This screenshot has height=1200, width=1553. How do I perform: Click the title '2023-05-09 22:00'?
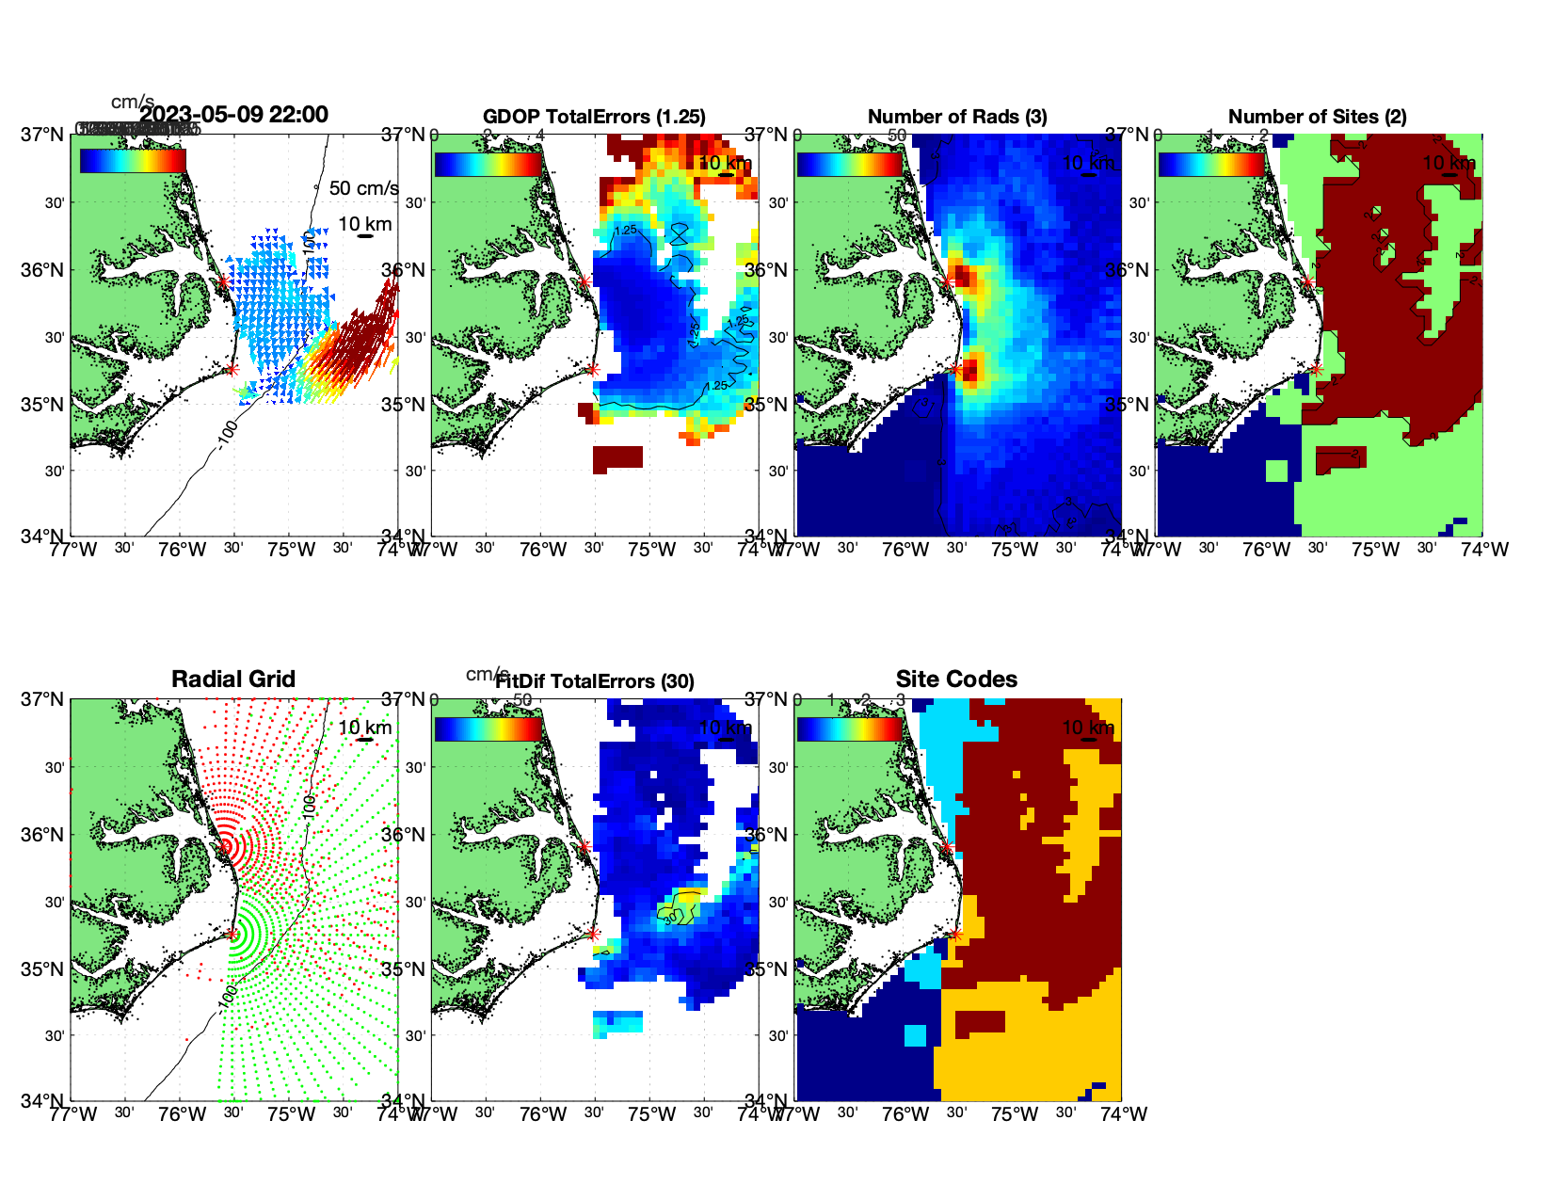233,115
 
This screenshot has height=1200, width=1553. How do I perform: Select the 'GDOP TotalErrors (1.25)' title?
594,117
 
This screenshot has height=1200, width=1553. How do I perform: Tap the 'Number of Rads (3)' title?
957,117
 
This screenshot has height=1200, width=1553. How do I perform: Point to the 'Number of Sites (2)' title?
1317,117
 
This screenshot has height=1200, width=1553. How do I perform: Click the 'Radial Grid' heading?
233,680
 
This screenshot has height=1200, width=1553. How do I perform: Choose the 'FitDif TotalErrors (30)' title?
595,681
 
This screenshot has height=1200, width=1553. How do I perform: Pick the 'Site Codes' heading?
956,680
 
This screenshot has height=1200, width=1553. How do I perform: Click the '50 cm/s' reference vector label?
363,188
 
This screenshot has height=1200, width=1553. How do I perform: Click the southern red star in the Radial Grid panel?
232,934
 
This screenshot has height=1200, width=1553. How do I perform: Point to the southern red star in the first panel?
232,369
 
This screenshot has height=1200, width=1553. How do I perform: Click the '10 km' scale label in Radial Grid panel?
365,728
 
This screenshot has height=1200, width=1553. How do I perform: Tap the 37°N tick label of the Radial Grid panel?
43,700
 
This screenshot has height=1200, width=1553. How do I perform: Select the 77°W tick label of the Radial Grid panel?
73,1114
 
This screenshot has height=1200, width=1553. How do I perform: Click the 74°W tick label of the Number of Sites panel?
1484,550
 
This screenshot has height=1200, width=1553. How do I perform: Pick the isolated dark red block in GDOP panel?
617,457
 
